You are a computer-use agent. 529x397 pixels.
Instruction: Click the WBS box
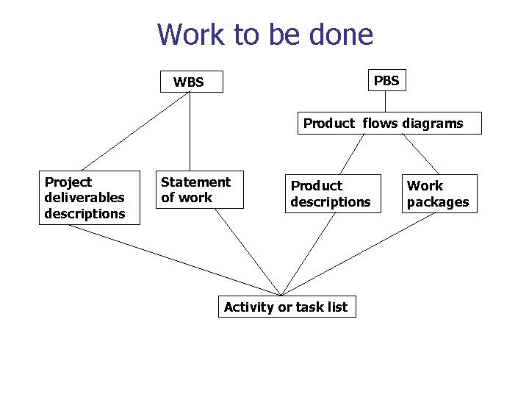click(x=190, y=82)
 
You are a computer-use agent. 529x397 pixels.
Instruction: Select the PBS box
click(x=386, y=80)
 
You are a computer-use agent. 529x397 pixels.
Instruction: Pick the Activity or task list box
click(x=287, y=307)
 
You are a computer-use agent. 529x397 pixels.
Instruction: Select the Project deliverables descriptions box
click(x=89, y=197)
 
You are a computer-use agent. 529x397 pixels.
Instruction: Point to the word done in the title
click(x=341, y=35)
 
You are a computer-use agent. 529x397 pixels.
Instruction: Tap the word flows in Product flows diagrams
click(x=378, y=124)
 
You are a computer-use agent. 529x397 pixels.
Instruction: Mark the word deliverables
click(x=84, y=198)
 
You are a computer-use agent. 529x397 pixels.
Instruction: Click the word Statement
click(x=195, y=182)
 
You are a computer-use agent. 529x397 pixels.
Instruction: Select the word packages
click(x=438, y=202)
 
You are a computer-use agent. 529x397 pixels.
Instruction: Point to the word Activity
click(x=249, y=307)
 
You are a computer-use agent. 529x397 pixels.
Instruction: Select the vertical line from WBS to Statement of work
click(x=190, y=132)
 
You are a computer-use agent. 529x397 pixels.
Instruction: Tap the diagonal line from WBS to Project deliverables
click(x=132, y=132)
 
